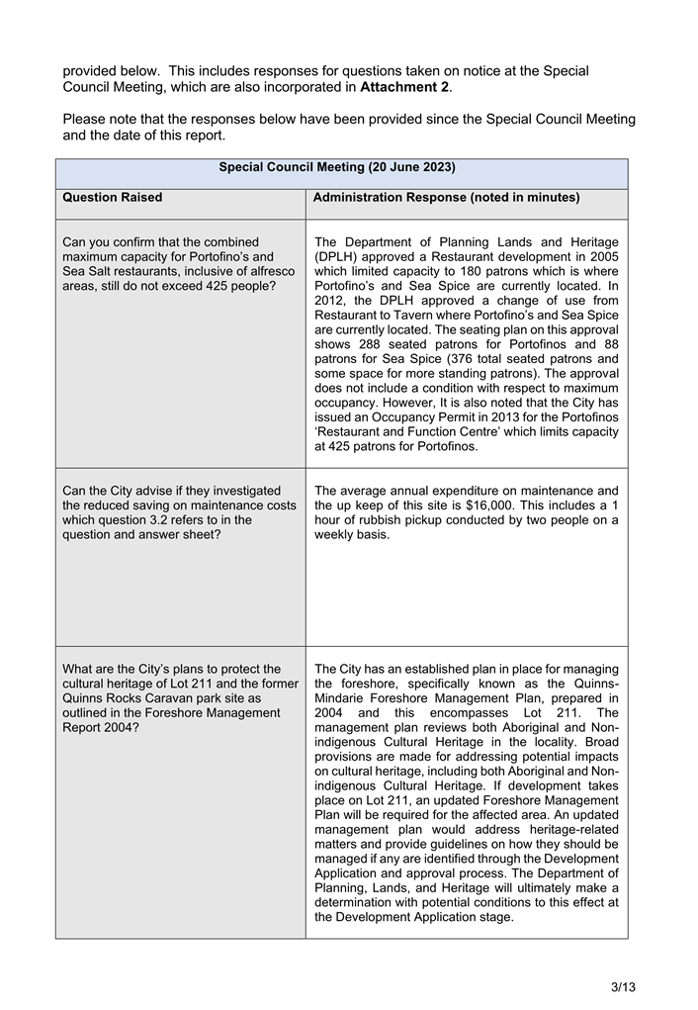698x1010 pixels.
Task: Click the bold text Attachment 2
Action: pos(403,87)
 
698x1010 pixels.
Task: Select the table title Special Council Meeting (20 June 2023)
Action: pos(336,167)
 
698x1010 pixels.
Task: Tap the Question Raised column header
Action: pos(113,198)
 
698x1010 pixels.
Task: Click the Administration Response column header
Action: pos(445,198)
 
